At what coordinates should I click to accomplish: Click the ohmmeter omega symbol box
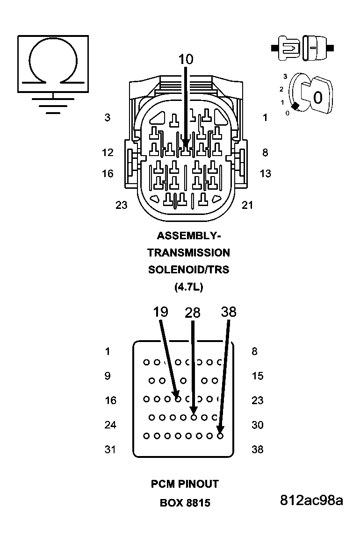point(53,64)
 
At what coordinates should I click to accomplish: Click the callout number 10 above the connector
point(186,59)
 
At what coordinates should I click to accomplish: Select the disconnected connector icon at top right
point(302,48)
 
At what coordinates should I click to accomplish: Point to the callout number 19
point(160,312)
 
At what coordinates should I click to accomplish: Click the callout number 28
point(193,313)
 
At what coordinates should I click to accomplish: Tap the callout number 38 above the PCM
point(229,312)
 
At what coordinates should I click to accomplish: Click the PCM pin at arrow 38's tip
point(220,436)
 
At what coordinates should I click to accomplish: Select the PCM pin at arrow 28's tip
point(194,417)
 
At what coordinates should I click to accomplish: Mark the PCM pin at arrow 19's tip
point(178,399)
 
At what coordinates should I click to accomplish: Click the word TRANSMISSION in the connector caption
point(188,253)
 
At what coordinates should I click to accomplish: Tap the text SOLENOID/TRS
point(188,270)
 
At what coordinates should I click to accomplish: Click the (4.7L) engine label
point(188,287)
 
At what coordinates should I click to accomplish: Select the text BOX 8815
point(185,503)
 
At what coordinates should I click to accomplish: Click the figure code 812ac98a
point(311,500)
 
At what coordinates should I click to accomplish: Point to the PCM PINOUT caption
point(185,484)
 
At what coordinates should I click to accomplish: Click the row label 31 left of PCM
point(110,449)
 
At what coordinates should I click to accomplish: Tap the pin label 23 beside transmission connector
point(122,205)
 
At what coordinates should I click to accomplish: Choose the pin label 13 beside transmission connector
point(265,174)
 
